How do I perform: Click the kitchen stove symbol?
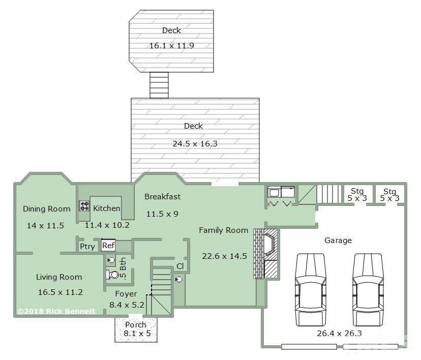[84, 206]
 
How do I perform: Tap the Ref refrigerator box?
[108, 246]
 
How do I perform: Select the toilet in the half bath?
[112, 275]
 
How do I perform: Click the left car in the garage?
[310, 290]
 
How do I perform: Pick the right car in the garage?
[368, 290]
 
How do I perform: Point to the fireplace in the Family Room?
[265, 254]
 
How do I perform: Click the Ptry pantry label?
[87, 247]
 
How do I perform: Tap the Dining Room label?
[46, 209]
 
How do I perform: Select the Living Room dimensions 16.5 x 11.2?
[60, 292]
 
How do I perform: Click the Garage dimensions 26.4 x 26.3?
[339, 334]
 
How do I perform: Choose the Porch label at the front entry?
[136, 325]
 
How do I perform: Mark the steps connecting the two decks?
[159, 85]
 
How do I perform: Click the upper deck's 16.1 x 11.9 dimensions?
[171, 46]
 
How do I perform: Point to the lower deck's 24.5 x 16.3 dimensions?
[195, 144]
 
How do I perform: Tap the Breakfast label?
[162, 197]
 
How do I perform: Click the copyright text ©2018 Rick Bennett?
[56, 311]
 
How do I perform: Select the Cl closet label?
[180, 266]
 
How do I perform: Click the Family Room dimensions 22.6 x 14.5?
[224, 256]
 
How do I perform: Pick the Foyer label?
[126, 294]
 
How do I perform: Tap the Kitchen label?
[107, 208]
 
